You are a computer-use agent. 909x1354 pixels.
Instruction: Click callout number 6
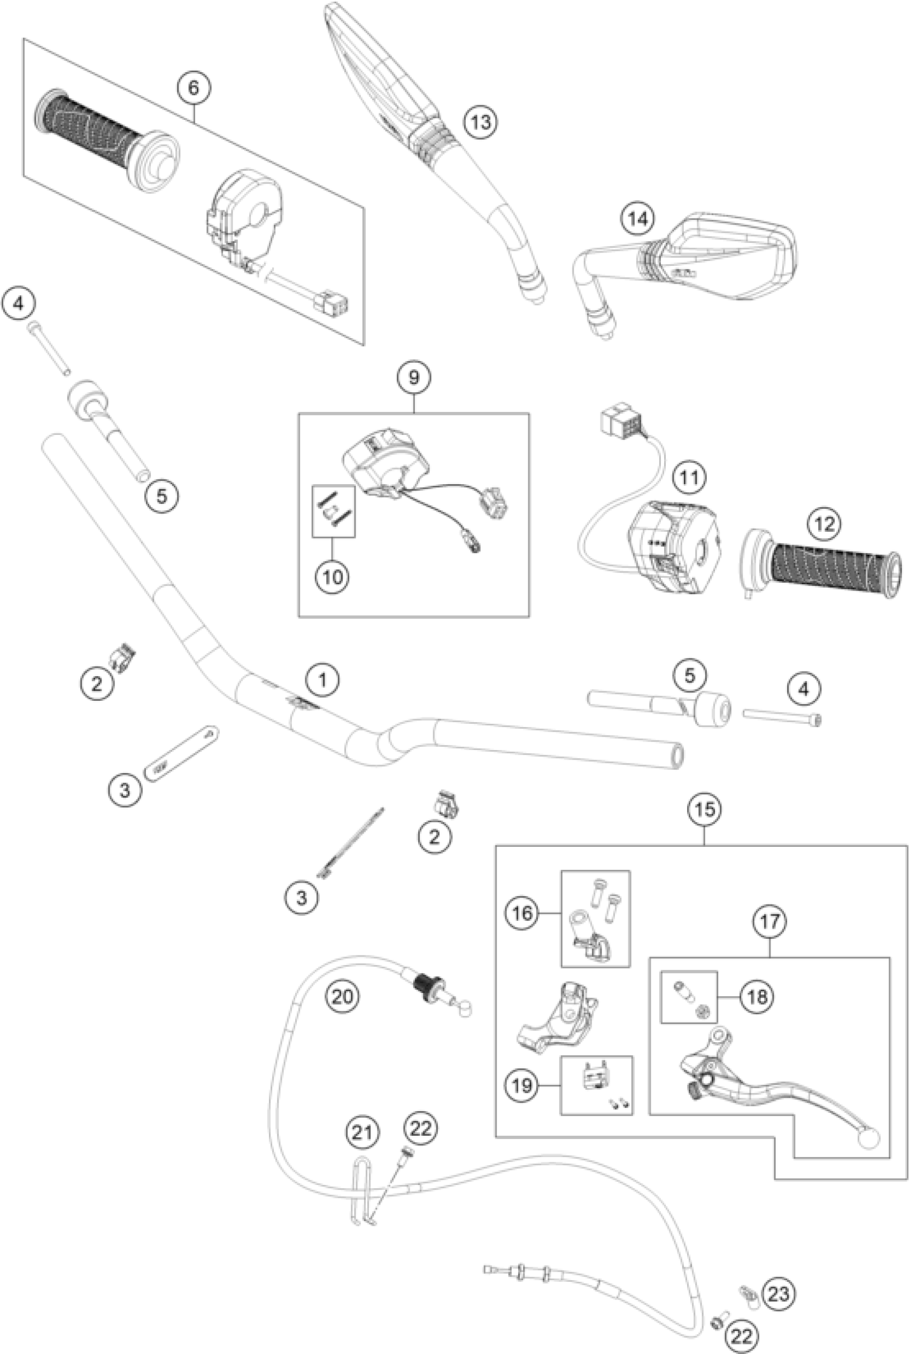193,88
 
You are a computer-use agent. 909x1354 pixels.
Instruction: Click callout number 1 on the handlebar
323,679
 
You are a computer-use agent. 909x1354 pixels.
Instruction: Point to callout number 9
413,378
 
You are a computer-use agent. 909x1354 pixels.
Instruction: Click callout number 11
689,478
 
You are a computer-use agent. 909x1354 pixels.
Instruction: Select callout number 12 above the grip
825,524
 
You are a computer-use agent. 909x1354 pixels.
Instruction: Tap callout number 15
704,809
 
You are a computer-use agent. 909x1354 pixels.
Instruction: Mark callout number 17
769,921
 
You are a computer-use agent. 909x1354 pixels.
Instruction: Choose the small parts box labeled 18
689,997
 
